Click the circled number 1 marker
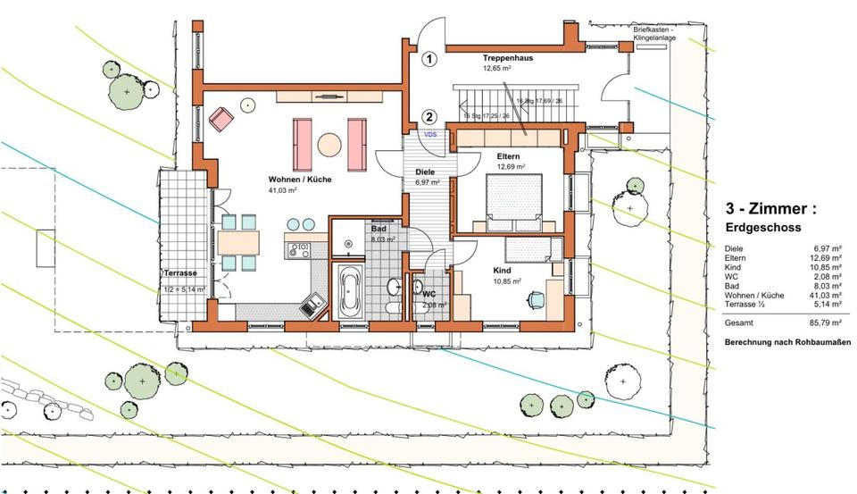[x=429, y=61]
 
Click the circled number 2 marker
[x=429, y=116]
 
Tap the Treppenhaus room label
[x=508, y=57]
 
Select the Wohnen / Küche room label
[x=300, y=180]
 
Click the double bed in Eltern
[x=512, y=197]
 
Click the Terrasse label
[x=179, y=272]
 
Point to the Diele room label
[x=424, y=172]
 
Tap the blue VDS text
[x=430, y=135]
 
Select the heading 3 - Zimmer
[x=770, y=209]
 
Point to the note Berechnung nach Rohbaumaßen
[x=787, y=343]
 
